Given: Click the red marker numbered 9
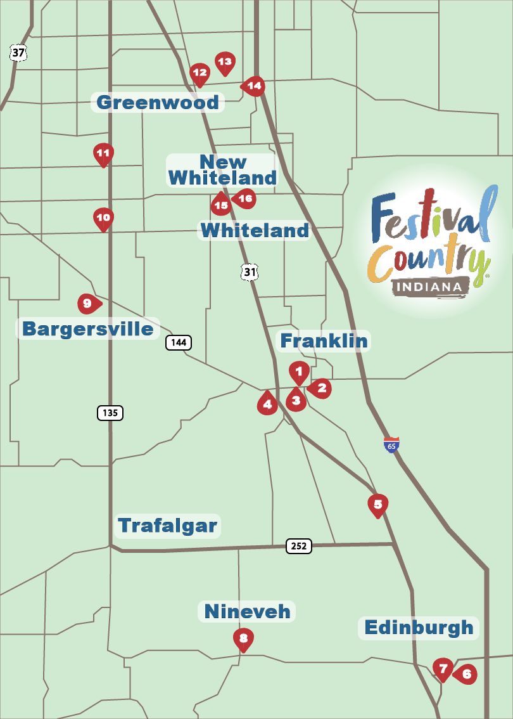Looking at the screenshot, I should click(88, 304).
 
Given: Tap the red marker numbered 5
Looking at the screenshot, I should click(377, 505).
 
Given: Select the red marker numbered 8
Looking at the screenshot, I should click(243, 638).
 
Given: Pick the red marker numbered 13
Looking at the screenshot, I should click(224, 62).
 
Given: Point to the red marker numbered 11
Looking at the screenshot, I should click(103, 153).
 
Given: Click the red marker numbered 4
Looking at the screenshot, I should click(267, 403).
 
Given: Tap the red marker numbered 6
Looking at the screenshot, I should click(465, 675).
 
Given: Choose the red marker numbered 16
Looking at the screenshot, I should click(245, 198).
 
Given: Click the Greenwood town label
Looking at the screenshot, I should click(158, 102).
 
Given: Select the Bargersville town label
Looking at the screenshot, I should click(87, 328).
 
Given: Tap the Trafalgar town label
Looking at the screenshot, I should click(168, 526).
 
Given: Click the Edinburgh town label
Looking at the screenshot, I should click(419, 628).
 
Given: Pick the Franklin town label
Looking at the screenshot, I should click(324, 341).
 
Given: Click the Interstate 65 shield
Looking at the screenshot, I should click(392, 444).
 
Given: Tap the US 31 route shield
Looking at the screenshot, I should click(250, 272).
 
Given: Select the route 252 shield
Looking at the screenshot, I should click(299, 546).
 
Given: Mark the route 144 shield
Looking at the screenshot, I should click(179, 342).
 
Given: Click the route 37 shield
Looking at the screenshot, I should click(18, 53).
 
